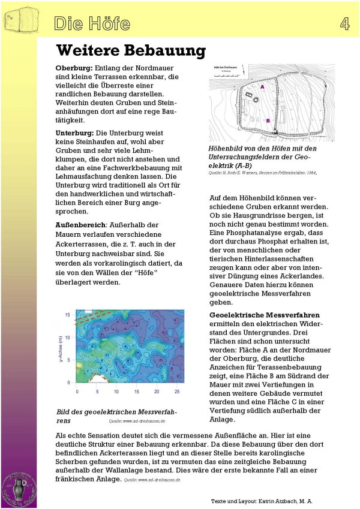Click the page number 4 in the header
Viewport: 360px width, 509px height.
click(344, 23)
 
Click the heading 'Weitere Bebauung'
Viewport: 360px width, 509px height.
click(131, 50)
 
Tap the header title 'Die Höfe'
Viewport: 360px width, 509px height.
click(92, 24)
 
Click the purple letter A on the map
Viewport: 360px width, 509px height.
click(262, 87)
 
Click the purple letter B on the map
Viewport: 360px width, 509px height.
click(268, 121)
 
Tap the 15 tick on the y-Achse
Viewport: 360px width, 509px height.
click(68, 314)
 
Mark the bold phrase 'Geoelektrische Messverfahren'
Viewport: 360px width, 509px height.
click(265, 315)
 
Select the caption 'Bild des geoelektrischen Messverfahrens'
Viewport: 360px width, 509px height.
click(116, 416)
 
